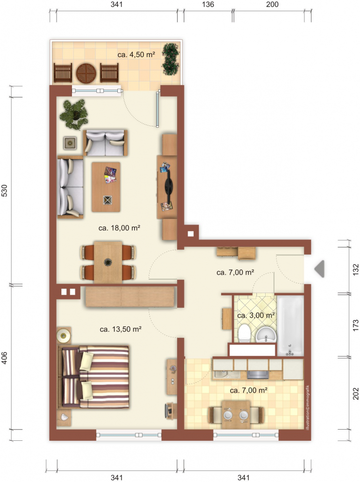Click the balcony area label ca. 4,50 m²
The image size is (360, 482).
click(136, 55)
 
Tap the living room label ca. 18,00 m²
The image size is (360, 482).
click(119, 228)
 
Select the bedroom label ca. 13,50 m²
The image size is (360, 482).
click(121, 329)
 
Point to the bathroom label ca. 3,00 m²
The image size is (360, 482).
click(256, 315)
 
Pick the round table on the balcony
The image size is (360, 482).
click(86, 73)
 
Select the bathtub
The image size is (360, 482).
click(290, 326)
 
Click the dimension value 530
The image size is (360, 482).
click(4, 190)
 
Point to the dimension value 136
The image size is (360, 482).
click(208, 4)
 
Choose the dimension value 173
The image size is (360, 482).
click(356, 325)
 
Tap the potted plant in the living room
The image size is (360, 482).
click(74, 114)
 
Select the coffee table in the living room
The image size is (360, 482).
click(106, 187)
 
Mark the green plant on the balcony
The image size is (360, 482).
click(171, 59)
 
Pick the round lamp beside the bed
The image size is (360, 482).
click(64, 335)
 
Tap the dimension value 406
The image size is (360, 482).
click(4, 358)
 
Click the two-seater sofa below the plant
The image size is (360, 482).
click(105, 143)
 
